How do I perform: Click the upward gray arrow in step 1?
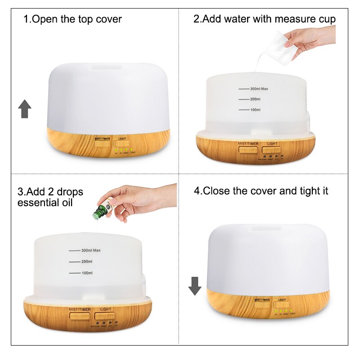point(25,109)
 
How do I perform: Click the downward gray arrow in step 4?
point(195,286)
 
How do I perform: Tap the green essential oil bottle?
point(99,211)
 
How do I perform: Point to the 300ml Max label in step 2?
point(259,89)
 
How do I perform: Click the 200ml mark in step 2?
point(255,99)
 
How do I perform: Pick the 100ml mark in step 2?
point(255,110)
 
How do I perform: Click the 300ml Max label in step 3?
point(90,250)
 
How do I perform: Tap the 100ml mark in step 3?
point(87,273)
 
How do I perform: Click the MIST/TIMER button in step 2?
point(248,149)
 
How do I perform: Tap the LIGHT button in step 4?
point(282,305)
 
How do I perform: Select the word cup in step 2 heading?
point(327,19)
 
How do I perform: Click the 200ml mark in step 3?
point(87,261)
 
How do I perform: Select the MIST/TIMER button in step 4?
point(262,304)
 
